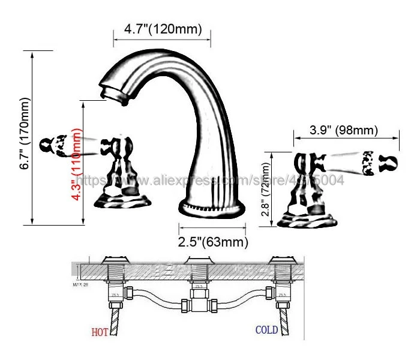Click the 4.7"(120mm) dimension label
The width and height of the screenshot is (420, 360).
pos(163,28)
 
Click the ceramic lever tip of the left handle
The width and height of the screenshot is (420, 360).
pos(54,145)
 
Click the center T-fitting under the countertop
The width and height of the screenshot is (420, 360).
pos(198,297)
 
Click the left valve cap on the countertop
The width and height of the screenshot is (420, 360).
pos(115,260)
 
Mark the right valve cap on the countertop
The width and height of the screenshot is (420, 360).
pos(282,260)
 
